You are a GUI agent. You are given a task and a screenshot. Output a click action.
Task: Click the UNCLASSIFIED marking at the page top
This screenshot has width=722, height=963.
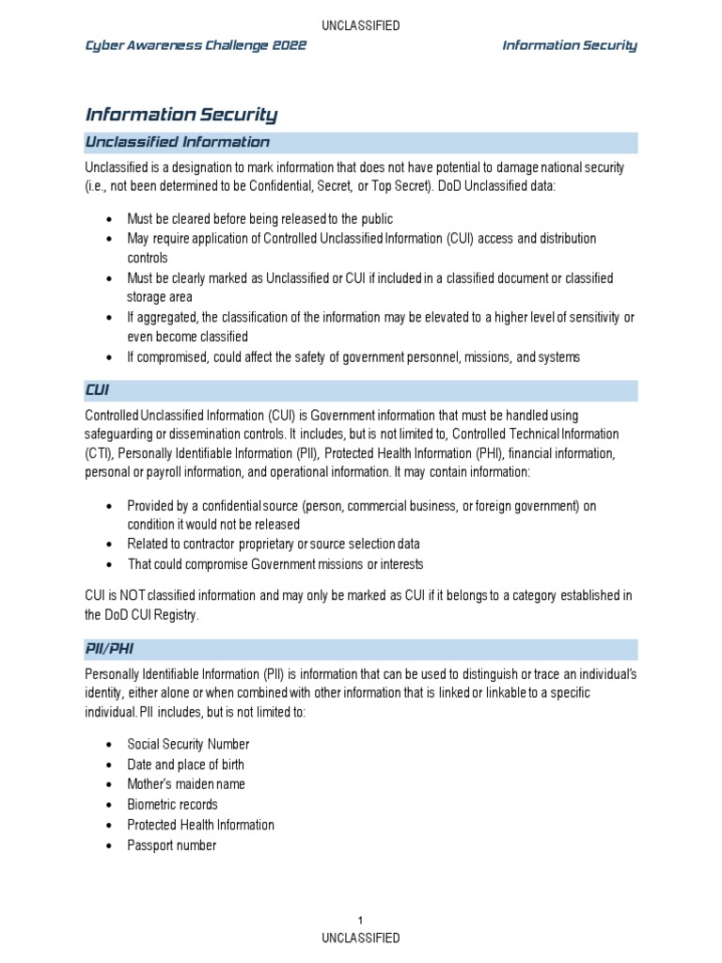point(361,25)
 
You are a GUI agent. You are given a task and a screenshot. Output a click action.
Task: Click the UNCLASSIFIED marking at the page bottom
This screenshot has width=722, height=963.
point(361,938)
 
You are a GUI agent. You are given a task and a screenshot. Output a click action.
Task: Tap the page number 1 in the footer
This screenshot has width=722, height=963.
point(361,920)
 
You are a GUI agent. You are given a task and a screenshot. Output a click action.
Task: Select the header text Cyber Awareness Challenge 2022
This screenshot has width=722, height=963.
point(196,45)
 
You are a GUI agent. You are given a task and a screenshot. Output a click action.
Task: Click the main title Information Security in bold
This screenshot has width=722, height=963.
point(181,115)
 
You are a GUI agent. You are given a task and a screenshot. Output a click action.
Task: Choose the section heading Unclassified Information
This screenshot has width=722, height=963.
point(178,143)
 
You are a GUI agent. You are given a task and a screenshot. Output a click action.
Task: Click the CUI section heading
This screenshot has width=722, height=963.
point(99,390)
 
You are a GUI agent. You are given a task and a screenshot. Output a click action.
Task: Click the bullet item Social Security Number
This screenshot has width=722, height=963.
point(188,744)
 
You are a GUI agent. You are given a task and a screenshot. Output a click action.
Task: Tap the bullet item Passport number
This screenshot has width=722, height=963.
point(172,845)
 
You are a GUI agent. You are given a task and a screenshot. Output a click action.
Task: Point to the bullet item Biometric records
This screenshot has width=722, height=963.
point(172,805)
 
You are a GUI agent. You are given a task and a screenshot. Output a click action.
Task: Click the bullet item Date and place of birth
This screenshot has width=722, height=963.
point(186,765)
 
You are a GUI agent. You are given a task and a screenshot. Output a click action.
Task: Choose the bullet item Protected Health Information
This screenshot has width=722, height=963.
point(200,825)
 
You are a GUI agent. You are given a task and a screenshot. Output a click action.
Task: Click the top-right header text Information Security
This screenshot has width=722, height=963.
point(570,45)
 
